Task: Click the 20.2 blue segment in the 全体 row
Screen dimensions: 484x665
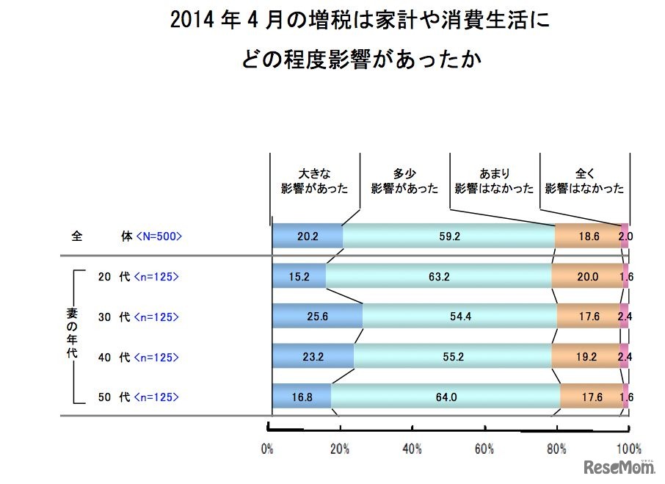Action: coord(307,236)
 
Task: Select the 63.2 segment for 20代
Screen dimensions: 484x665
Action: coord(438,277)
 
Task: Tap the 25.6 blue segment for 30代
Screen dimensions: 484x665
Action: coord(317,317)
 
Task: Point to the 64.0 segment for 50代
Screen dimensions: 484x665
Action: coord(445,397)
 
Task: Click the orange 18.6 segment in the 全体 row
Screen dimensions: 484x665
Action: coord(587,236)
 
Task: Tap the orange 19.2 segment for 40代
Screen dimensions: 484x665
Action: coord(585,357)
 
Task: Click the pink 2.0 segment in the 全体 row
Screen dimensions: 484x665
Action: coord(625,236)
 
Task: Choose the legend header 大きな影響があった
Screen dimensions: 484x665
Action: coord(316,181)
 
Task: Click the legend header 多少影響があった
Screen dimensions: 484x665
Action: coord(404,181)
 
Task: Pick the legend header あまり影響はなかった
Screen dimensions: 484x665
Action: coord(494,181)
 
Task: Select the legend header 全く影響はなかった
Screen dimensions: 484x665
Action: coord(584,181)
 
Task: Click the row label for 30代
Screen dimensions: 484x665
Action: coord(114,317)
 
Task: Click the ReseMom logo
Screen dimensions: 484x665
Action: coord(619,467)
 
